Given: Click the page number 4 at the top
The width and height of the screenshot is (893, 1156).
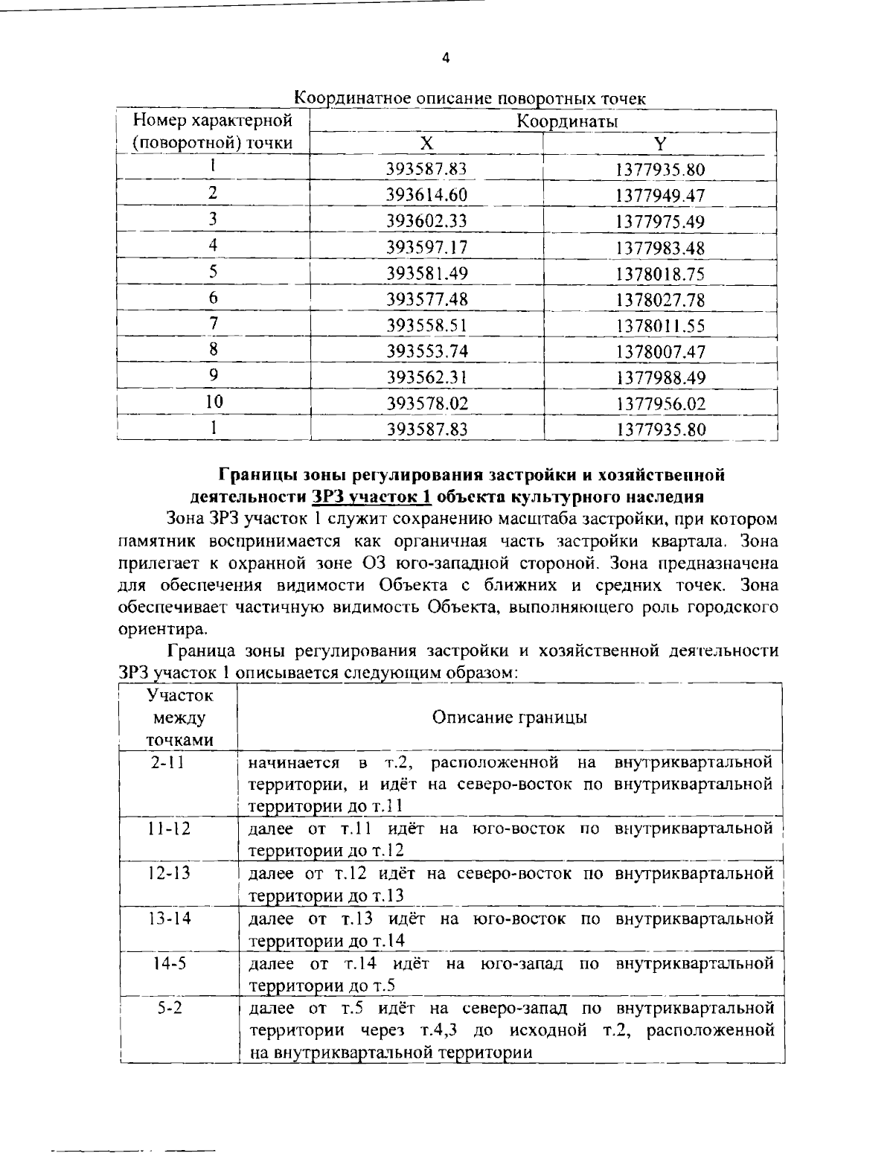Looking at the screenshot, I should [446, 58].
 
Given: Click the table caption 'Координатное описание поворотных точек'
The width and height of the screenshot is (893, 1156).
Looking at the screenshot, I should [470, 98].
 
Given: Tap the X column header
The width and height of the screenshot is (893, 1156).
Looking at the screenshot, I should [426, 144].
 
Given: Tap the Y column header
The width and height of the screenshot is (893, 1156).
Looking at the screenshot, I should [659, 144].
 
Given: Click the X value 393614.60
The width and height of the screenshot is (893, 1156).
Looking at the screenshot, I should [426, 196].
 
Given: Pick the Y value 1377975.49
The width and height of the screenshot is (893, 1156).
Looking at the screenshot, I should [659, 222].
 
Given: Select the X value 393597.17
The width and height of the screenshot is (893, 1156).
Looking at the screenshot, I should [426, 248].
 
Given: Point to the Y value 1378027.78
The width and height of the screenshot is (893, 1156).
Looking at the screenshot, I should [659, 300].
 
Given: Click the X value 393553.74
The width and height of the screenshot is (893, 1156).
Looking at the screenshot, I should [426, 351].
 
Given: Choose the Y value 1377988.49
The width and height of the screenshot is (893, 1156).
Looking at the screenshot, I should [659, 377].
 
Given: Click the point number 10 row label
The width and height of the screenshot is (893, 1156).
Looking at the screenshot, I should [214, 402].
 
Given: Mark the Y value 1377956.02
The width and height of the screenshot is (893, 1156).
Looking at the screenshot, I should [659, 403].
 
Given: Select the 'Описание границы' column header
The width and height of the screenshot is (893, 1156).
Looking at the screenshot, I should [510, 718].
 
